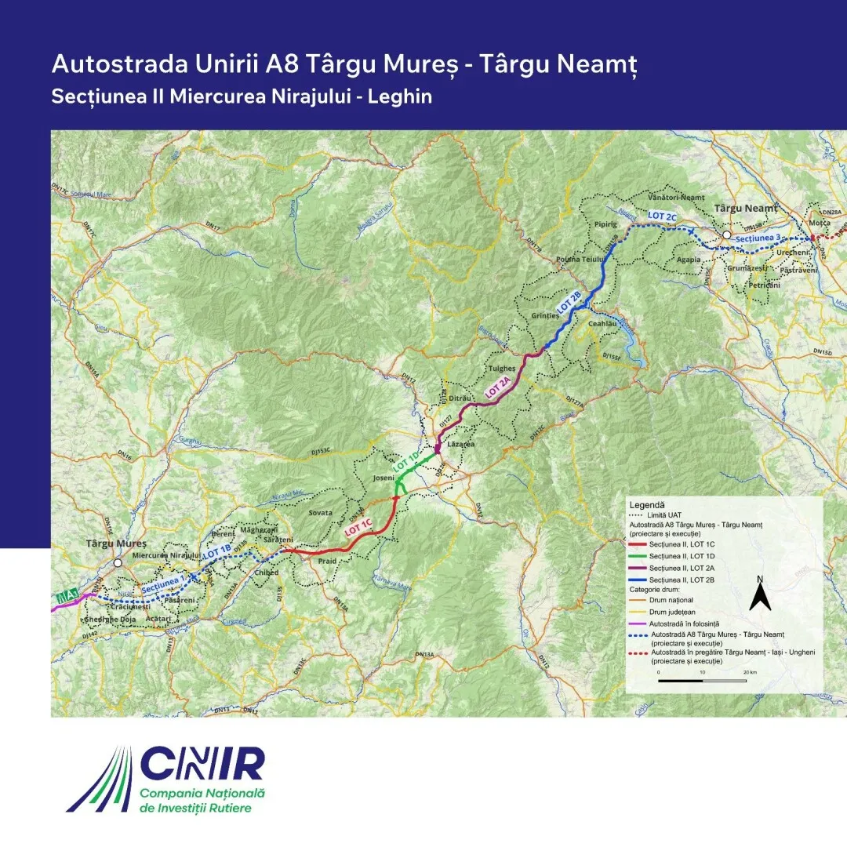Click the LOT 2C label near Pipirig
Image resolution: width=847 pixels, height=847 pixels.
[x=662, y=216]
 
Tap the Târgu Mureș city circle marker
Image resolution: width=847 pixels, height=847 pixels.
[x=118, y=562]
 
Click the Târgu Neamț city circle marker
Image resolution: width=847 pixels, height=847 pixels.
[x=727, y=235]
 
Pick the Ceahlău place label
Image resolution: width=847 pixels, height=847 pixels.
[x=604, y=323]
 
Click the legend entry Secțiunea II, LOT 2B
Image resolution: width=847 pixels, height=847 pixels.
[x=685, y=578]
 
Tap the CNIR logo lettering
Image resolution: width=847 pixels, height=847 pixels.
[x=203, y=764]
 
